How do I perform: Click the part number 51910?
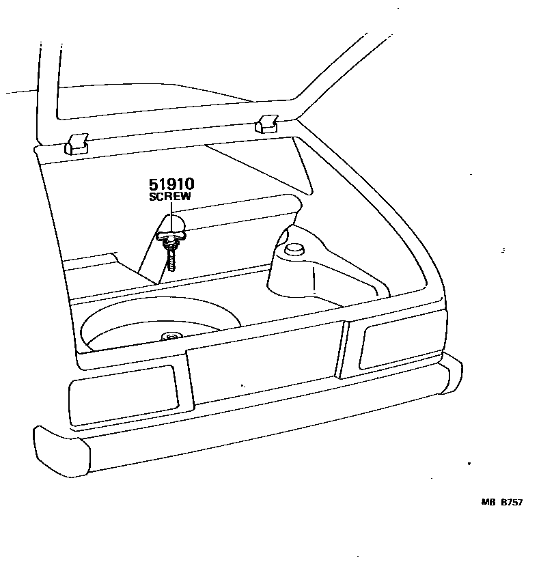click(171, 184)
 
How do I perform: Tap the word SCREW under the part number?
click(170, 197)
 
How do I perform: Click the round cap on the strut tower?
click(294, 249)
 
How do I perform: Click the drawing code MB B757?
click(501, 503)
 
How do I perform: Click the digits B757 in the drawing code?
click(511, 503)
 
